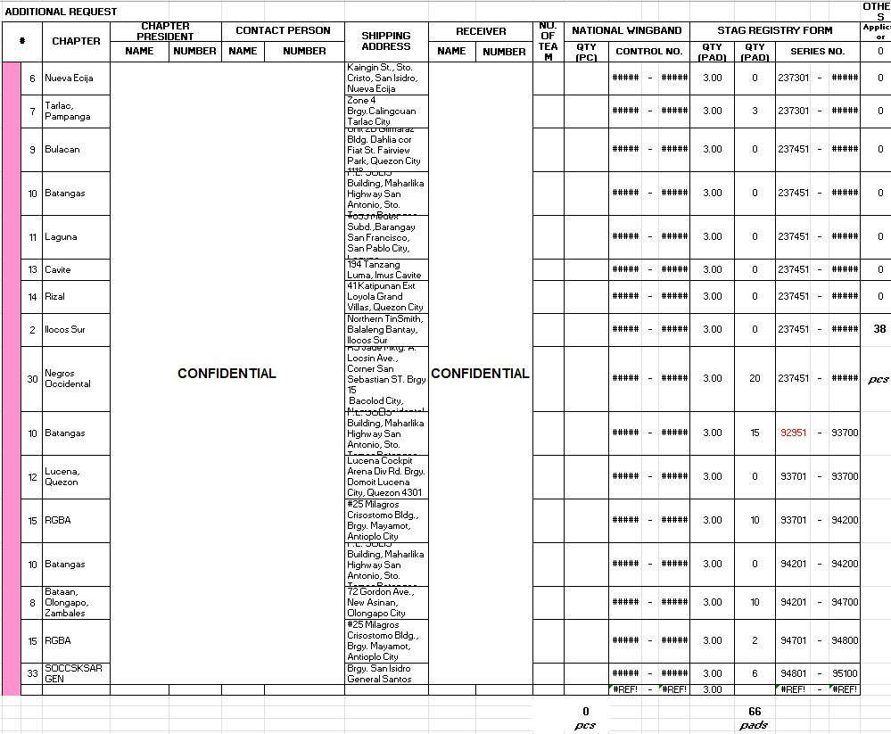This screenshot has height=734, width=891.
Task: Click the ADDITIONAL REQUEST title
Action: (x=61, y=12)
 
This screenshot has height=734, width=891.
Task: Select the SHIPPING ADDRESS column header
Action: (x=386, y=41)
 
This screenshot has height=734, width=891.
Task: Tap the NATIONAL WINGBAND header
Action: (x=626, y=30)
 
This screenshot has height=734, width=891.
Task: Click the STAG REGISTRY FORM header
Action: (x=774, y=30)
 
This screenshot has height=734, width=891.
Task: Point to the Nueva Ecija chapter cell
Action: (x=69, y=78)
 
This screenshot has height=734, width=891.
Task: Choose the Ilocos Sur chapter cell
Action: (x=64, y=330)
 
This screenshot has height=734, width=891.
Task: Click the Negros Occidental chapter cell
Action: (x=68, y=378)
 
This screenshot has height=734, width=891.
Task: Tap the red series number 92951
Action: (x=793, y=433)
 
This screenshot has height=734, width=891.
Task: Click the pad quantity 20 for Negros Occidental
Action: (x=755, y=378)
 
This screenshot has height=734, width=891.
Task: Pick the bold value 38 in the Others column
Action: (x=879, y=329)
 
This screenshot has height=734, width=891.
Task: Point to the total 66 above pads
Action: (x=755, y=711)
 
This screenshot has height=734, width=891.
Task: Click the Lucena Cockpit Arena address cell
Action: (x=385, y=476)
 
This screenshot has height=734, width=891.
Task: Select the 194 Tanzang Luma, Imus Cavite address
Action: (x=385, y=269)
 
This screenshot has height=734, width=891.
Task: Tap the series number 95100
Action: (x=844, y=673)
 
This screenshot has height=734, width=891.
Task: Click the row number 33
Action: (x=32, y=673)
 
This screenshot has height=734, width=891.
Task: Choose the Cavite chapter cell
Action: (x=58, y=269)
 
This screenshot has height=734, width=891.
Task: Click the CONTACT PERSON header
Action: (x=283, y=30)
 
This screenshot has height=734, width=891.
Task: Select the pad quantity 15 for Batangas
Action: (x=755, y=433)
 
